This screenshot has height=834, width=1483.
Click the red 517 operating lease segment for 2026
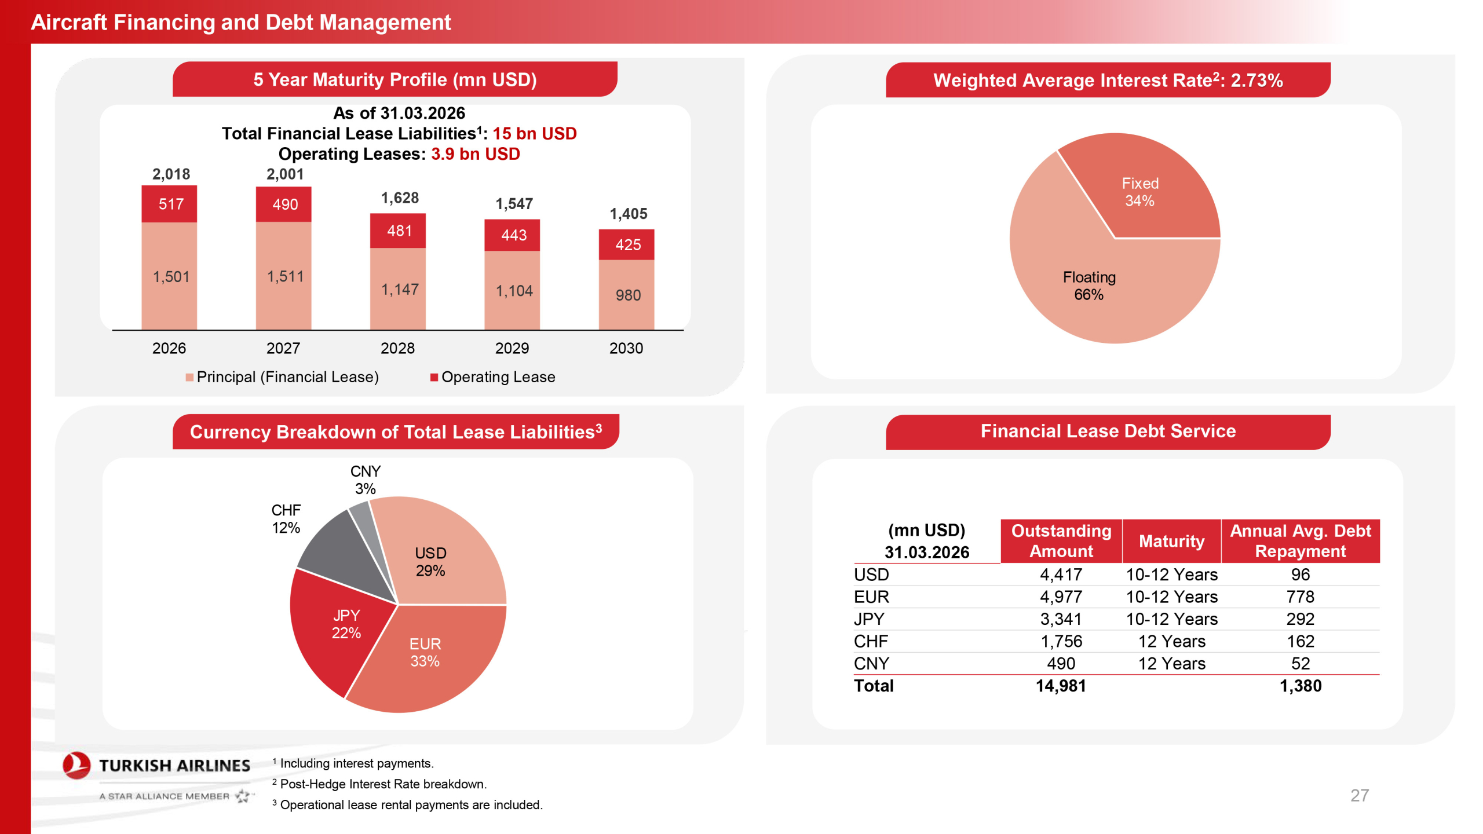tap(169, 204)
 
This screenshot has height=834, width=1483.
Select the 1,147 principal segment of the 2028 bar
tap(398, 288)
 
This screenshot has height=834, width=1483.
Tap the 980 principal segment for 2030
tap(626, 295)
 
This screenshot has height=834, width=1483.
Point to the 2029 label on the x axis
tap(512, 348)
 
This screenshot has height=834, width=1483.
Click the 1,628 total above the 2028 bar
tap(400, 198)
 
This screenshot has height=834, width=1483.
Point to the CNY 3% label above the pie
tap(366, 480)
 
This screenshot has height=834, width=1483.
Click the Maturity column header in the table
tap(1171, 541)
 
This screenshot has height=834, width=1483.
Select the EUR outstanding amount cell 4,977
tap(1061, 597)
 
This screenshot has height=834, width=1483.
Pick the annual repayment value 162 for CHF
tap(1300, 641)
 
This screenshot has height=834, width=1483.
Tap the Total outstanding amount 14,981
tap(1061, 686)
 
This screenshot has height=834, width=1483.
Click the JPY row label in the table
tap(869, 619)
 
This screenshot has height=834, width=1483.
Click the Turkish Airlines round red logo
tap(76, 766)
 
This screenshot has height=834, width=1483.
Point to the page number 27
tap(1359, 795)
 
